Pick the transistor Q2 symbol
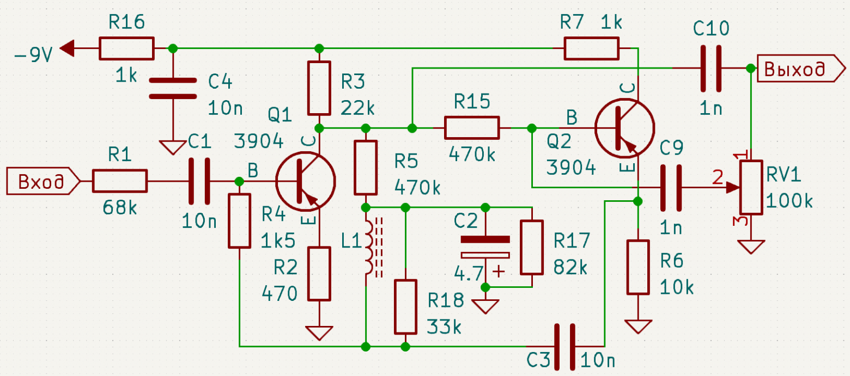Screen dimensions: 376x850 pyautogui.click(x=624, y=128)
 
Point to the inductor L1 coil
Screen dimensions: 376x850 pyautogui.click(x=368, y=247)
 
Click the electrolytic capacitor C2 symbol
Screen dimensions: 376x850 pyautogui.click(x=485, y=247)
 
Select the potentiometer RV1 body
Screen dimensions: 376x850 pyautogui.click(x=751, y=187)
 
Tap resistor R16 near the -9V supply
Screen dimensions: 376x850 pyautogui.click(x=126, y=48)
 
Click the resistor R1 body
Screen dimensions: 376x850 pyautogui.click(x=119, y=181)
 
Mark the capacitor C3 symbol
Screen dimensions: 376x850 pyautogui.click(x=564, y=346)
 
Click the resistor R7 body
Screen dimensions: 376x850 pyautogui.click(x=591, y=48)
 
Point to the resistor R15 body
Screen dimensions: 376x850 pyautogui.click(x=472, y=128)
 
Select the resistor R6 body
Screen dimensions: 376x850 pyautogui.click(x=637, y=267)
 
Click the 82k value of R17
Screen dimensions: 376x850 pyautogui.click(x=571, y=268)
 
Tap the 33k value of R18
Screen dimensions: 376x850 pyautogui.click(x=445, y=327)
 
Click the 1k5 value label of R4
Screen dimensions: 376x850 pyautogui.click(x=278, y=239)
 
